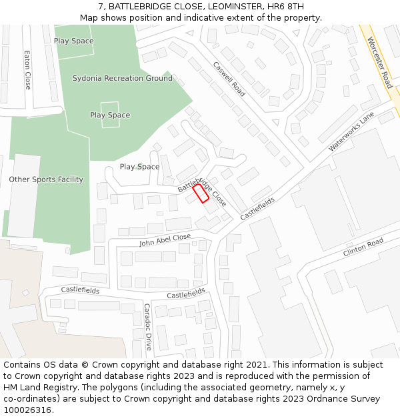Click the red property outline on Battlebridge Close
tap(201, 193)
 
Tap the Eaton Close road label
tap(27, 70)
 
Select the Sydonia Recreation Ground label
tap(122, 79)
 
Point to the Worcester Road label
tap(379, 62)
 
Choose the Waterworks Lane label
tap(351, 131)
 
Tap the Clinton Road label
tap(363, 248)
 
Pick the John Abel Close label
tap(165, 240)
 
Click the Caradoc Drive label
tap(148, 327)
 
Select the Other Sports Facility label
tap(46, 179)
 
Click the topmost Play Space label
tap(73, 41)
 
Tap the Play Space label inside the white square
tap(110, 115)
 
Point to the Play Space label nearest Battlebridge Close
tap(139, 167)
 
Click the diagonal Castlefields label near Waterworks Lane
tap(257, 209)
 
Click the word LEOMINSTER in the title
tap(230, 7)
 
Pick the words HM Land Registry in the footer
tap(39, 388)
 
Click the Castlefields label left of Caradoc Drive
tap(80, 291)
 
